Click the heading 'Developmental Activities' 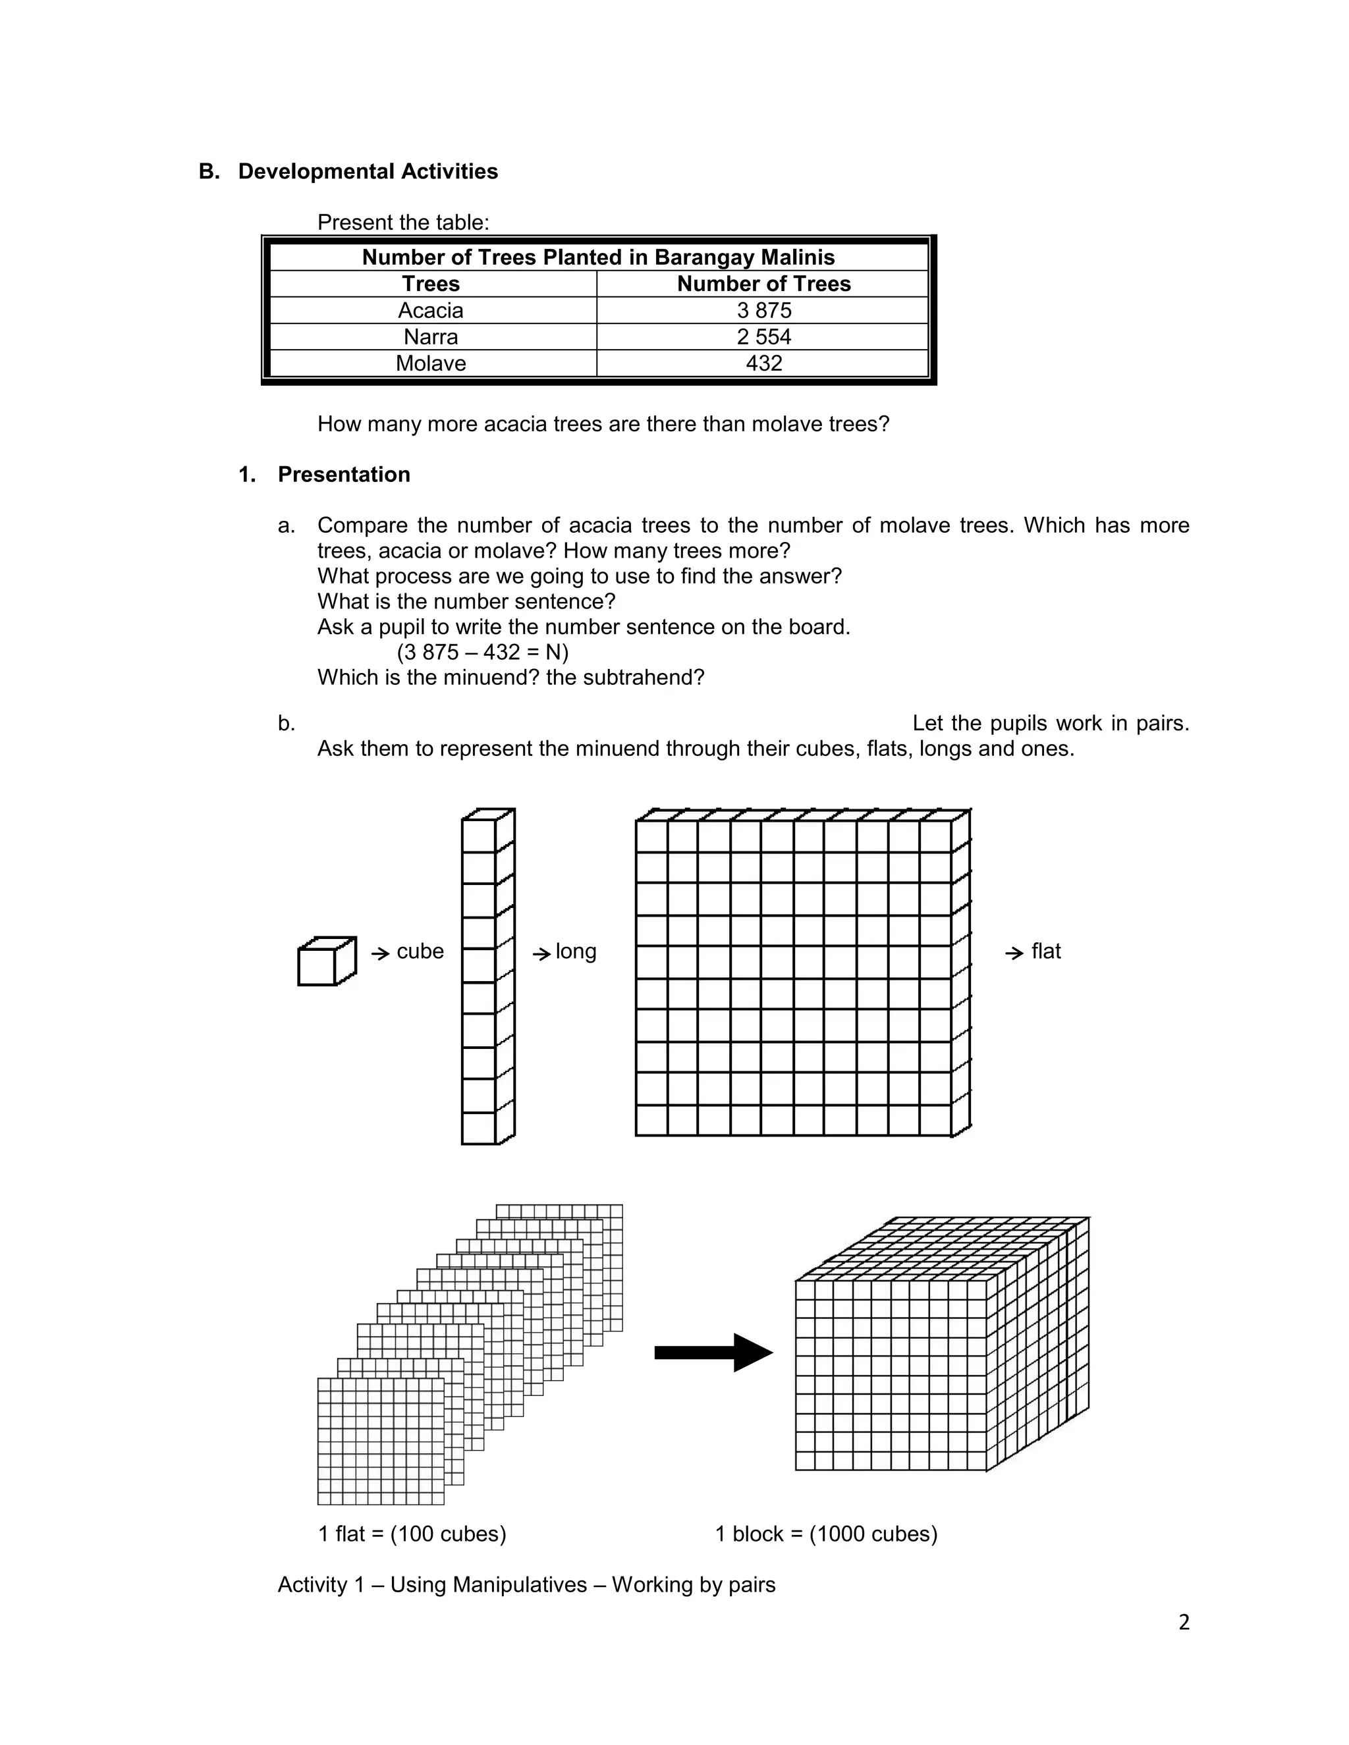coord(368,172)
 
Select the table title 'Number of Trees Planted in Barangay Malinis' coord(598,257)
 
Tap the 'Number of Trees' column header coord(763,284)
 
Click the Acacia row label coord(431,310)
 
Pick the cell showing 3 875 coord(763,310)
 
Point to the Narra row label coord(431,336)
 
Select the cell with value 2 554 coord(763,336)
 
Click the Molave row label coord(431,363)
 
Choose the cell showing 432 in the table coord(763,363)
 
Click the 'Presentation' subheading coord(344,475)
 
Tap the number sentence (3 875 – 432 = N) coord(483,652)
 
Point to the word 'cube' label coord(420,952)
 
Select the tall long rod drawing coord(487,977)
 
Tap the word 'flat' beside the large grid coord(1045,952)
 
